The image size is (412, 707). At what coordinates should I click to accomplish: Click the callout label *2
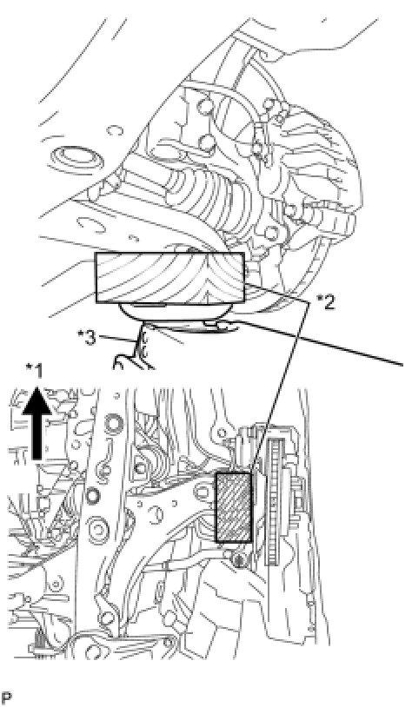[x=326, y=302]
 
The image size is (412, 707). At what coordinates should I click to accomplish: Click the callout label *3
[x=86, y=338]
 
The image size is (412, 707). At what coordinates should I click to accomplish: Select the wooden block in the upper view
[x=169, y=278]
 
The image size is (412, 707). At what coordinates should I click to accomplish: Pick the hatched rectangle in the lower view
[x=234, y=507]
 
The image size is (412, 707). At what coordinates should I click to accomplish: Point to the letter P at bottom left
[x=6, y=697]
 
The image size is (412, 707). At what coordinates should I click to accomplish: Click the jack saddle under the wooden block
[x=176, y=312]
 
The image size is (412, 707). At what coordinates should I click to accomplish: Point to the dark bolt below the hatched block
[x=238, y=560]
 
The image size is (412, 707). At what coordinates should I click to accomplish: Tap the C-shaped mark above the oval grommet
[x=114, y=131]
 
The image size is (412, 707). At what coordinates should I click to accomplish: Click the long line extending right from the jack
[x=316, y=343]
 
